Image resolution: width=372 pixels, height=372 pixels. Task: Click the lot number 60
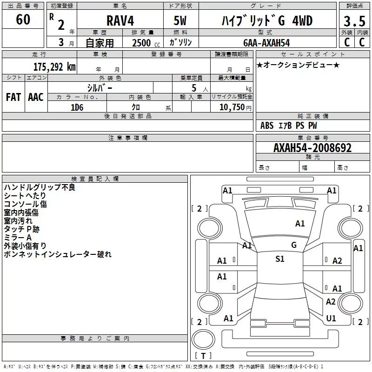point(23,19)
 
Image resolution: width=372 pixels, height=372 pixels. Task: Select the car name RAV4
point(120,20)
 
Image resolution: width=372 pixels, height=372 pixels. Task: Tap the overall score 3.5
point(354,21)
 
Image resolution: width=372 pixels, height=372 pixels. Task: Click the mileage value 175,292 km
point(54,67)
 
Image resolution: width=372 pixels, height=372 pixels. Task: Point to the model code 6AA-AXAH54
point(266,43)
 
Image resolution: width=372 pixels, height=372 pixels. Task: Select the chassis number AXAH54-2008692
point(312,148)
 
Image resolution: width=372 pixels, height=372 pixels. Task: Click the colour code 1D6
point(77,107)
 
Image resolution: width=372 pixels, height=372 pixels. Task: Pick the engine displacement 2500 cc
point(146,43)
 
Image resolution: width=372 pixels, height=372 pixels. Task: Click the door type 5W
point(180,20)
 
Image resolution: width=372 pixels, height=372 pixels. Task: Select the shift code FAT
point(13,97)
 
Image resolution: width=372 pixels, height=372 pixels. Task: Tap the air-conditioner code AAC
point(36,97)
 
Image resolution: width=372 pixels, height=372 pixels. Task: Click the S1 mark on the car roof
point(280,259)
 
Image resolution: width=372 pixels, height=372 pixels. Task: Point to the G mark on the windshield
point(294,245)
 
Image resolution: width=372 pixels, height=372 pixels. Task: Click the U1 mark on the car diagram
point(331,319)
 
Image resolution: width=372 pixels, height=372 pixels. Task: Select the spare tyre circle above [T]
point(203,339)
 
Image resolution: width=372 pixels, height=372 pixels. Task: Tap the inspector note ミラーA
point(18,238)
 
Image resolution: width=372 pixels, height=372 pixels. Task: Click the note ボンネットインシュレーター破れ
point(58,254)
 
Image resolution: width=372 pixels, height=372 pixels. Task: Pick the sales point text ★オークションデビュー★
point(298,65)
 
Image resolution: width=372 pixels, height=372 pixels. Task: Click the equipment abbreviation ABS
point(267,126)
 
